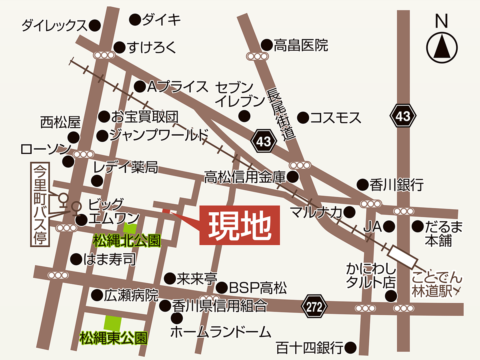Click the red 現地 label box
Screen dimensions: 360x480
pyautogui.click(x=239, y=225)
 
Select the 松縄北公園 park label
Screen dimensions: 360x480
pyautogui.click(x=127, y=241)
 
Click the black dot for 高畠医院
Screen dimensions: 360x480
pyautogui.click(x=266, y=45)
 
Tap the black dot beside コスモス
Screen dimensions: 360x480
pyautogui.click(x=303, y=118)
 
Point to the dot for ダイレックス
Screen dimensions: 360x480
pyautogui.click(x=94, y=26)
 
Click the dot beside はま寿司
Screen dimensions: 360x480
pyautogui.click(x=76, y=259)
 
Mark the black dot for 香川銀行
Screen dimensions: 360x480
pyautogui.click(x=362, y=184)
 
